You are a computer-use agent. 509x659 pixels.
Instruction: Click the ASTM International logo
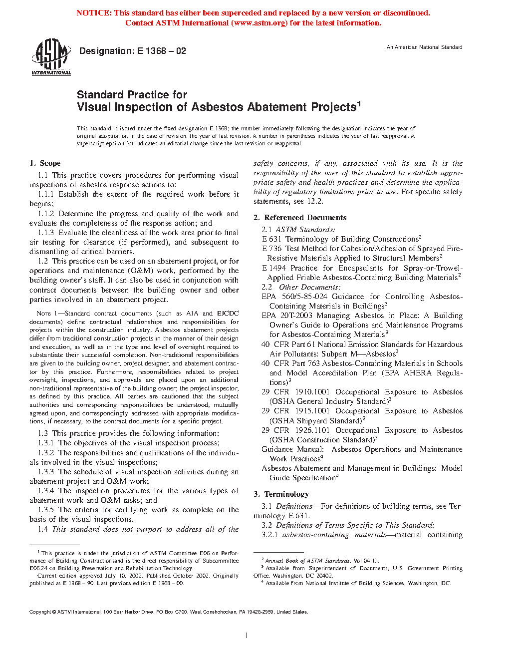pyautogui.click(x=51, y=57)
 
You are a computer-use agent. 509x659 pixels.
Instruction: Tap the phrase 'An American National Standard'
pyautogui.click(x=424, y=47)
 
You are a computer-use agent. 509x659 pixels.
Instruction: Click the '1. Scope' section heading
pyautogui.click(x=45, y=163)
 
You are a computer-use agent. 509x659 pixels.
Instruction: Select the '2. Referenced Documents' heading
pyautogui.click(x=300, y=218)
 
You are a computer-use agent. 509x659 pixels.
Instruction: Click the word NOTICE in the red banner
pyautogui.click(x=93, y=13)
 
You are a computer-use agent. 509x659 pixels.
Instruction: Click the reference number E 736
pyautogui.click(x=272, y=249)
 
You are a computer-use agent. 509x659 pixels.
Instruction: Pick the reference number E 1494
pyautogui.click(x=274, y=268)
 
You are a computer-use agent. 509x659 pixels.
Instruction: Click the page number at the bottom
pyautogui.click(x=247, y=636)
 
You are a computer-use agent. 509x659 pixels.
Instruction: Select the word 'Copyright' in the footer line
pyautogui.click(x=40, y=612)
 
